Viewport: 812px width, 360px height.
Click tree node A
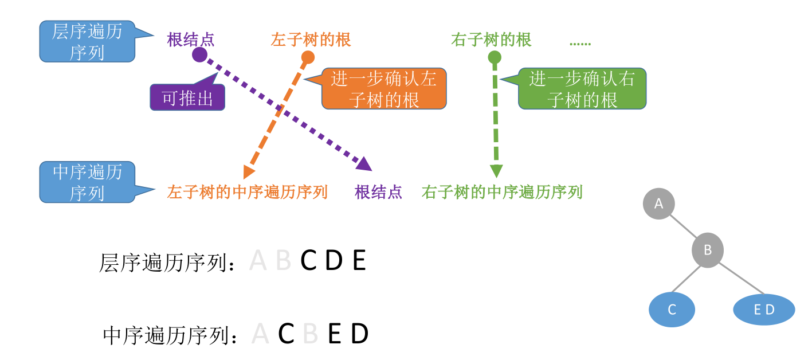[x=658, y=204]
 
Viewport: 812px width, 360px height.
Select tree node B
[x=708, y=251]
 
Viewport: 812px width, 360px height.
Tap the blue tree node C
[x=672, y=310]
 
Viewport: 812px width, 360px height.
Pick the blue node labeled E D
[x=764, y=310]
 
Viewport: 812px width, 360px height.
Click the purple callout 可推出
[x=187, y=98]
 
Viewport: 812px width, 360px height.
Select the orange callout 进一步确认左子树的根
[x=383, y=89]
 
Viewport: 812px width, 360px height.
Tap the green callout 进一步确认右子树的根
[x=582, y=89]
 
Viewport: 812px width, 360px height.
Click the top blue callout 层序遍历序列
[x=87, y=42]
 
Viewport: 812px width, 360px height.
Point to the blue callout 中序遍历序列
[x=87, y=182]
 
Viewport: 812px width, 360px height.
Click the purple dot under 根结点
[x=199, y=54]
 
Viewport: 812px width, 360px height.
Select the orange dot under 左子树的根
[x=308, y=57]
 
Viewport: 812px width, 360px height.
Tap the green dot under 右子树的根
[x=495, y=57]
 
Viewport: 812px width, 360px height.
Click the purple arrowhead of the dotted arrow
[x=364, y=165]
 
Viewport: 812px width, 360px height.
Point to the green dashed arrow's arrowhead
[x=496, y=171]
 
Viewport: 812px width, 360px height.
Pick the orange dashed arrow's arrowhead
[x=248, y=171]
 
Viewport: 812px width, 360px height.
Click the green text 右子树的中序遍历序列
[x=502, y=192]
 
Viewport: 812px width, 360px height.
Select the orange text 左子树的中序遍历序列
[x=247, y=192]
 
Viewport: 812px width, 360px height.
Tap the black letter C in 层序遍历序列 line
[x=309, y=261]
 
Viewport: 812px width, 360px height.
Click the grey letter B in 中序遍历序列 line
[x=310, y=334]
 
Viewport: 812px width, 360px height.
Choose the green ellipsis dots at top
[x=580, y=44]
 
